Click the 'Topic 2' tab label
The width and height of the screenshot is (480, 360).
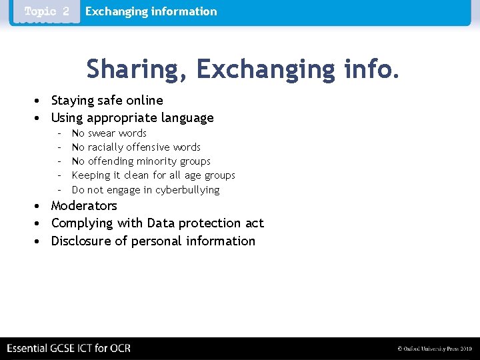pyautogui.click(x=47, y=12)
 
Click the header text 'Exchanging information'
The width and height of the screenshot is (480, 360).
pyautogui.click(x=151, y=11)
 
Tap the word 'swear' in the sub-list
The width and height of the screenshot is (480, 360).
pyautogui.click(x=101, y=133)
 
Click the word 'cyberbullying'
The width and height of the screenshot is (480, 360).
pyautogui.click(x=187, y=190)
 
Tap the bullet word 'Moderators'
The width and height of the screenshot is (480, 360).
pyautogui.click(x=84, y=206)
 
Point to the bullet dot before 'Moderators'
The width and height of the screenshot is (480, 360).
pyautogui.click(x=40, y=206)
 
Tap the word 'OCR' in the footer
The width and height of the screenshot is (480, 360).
pyautogui.click(x=120, y=349)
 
